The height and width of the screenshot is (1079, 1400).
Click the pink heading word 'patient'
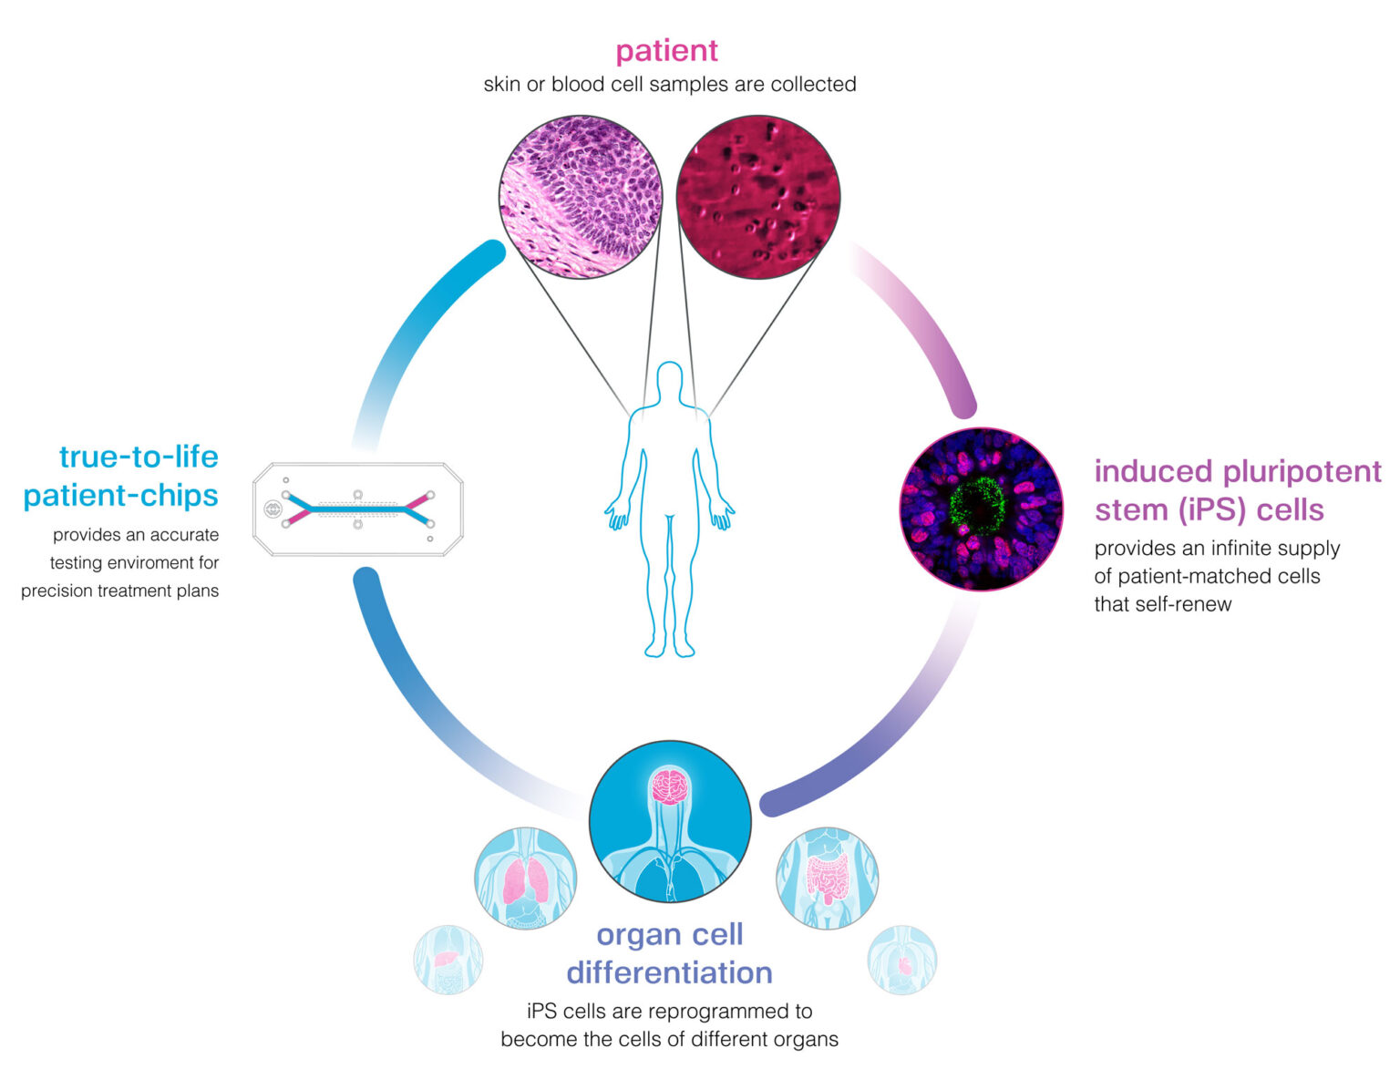[x=666, y=50]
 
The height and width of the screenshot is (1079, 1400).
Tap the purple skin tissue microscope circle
[x=581, y=196]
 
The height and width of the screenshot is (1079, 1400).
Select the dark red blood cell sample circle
[x=758, y=196]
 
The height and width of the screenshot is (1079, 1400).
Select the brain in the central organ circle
[x=670, y=786]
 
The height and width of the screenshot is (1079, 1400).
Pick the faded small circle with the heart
[x=902, y=960]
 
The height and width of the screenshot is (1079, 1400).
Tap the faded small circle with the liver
[x=448, y=960]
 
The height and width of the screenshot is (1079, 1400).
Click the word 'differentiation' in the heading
[x=669, y=972]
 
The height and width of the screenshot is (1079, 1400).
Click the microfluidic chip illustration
[x=357, y=509]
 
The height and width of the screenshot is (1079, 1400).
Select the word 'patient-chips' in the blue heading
[x=120, y=495]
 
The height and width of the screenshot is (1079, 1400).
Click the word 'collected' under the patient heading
[x=813, y=85]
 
